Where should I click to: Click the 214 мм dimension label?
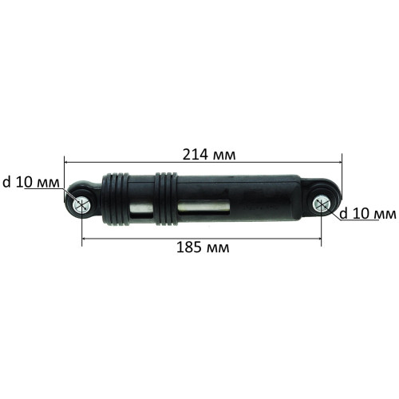209,154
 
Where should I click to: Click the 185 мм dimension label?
203,248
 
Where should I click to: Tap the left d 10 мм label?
31,182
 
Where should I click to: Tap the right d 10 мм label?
368,214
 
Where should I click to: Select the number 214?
196,154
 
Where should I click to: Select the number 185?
189,248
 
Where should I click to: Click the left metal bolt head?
81,205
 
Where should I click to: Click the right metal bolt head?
322,204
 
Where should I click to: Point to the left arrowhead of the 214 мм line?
67,162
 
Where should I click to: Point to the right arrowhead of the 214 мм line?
339,162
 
